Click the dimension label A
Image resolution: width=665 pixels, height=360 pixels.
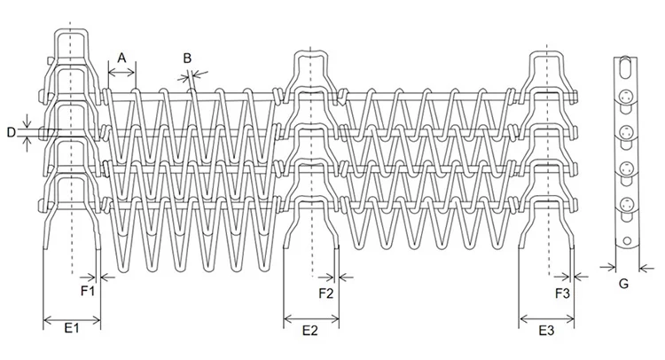click(x=121, y=57)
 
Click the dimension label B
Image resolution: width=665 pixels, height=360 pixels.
click(x=188, y=58)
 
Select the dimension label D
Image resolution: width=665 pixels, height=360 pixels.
click(x=11, y=132)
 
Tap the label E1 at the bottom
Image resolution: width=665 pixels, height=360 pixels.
click(x=72, y=329)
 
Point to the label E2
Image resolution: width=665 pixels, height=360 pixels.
click(x=310, y=331)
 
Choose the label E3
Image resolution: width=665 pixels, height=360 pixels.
click(x=546, y=330)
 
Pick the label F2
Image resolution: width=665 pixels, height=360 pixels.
click(x=325, y=291)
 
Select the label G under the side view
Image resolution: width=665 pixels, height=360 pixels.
click(x=623, y=284)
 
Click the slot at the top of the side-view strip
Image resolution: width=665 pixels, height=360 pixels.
click(x=625, y=68)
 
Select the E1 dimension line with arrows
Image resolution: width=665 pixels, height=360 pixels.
click(x=72, y=317)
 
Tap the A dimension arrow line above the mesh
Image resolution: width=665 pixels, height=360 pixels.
click(x=121, y=71)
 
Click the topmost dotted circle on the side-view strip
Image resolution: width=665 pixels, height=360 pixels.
click(x=626, y=97)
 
